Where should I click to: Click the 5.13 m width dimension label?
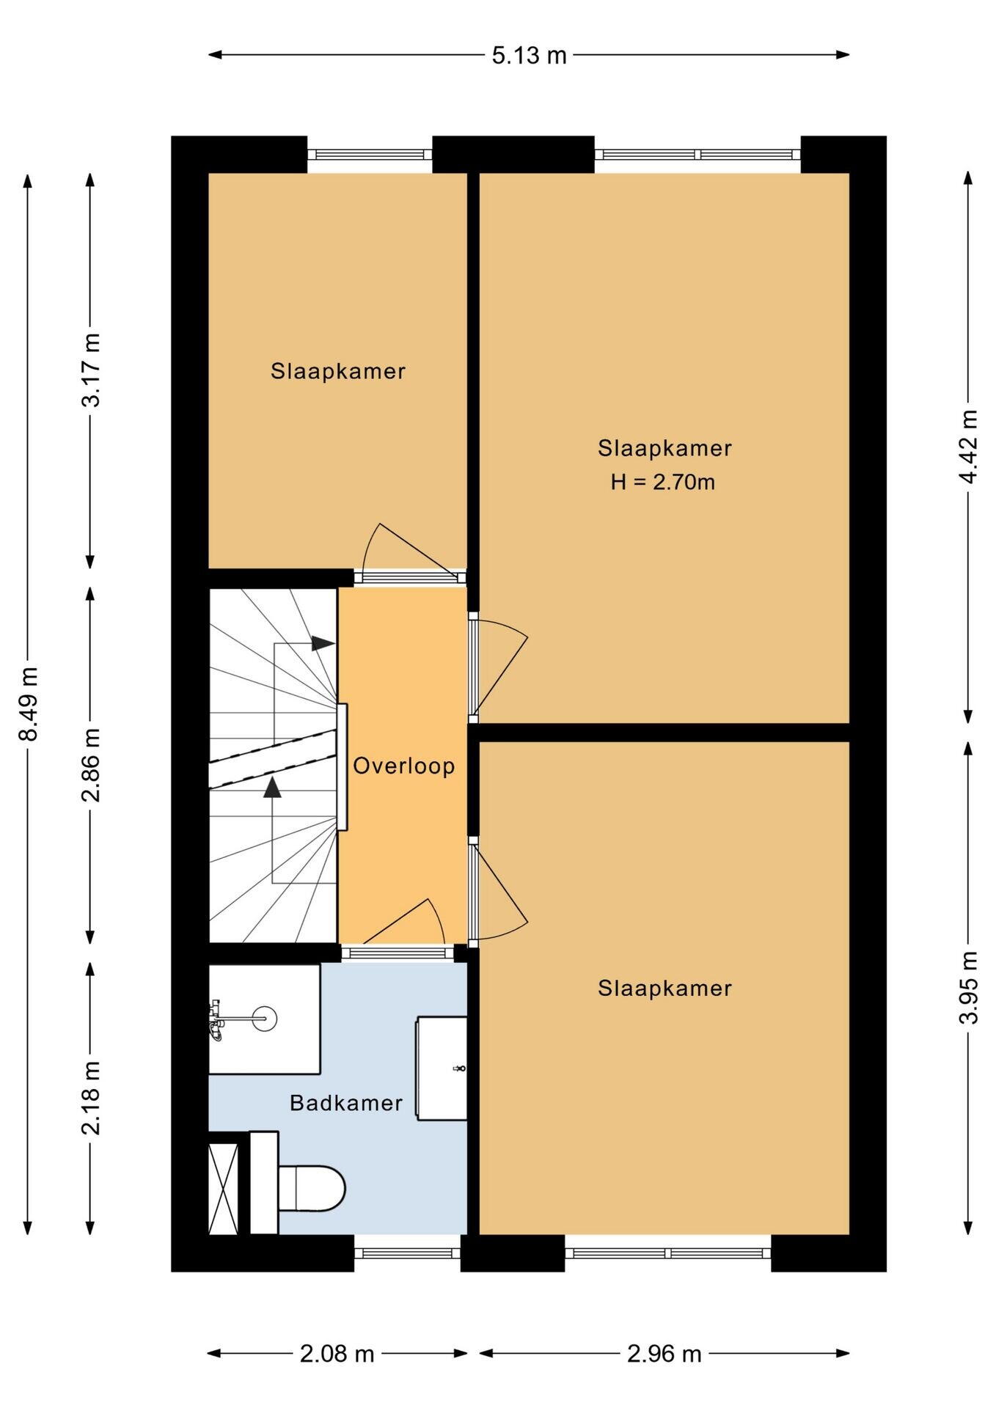coord(529,55)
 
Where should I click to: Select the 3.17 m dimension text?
coord(91,370)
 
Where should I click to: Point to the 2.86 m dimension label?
coord(91,766)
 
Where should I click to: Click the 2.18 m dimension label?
coord(91,1098)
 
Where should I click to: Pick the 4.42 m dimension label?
coord(968,445)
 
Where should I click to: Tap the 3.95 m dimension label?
coord(968,986)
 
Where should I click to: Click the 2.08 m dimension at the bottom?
coord(337,1354)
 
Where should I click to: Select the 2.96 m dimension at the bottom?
coord(664,1354)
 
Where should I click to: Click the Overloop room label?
coord(404,766)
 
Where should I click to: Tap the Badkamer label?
coord(346,1102)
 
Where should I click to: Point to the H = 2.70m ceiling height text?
coord(663,482)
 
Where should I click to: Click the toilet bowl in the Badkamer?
coord(312,1187)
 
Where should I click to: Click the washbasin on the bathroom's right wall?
coord(442,1068)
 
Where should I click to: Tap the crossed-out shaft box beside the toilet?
coord(224,1188)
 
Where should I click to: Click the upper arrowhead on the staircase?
coord(323,643)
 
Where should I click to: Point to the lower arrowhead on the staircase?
coord(273,788)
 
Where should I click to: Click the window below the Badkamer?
coord(407,1253)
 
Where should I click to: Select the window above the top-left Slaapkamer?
coord(370,154)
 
